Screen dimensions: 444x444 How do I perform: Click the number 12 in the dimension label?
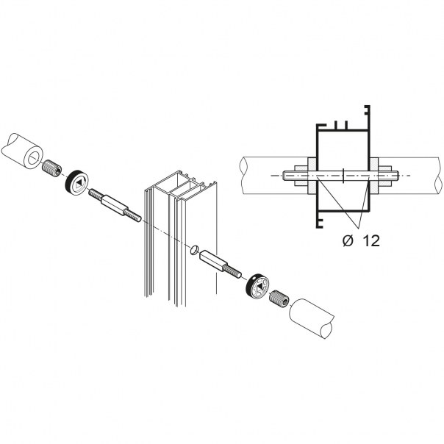[371, 241]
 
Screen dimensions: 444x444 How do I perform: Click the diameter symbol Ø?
[348, 241]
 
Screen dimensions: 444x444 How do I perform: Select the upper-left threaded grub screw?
[51, 168]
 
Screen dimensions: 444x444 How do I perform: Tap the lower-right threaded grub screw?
[279, 298]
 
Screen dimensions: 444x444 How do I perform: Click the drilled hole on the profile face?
[194, 250]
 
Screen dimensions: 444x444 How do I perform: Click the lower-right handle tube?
[312, 318]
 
